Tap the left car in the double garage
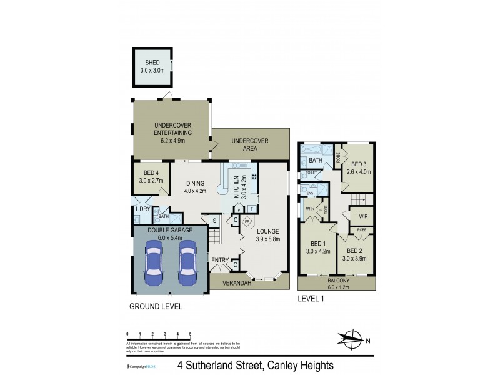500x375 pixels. [153, 262]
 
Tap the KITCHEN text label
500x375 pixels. [236, 187]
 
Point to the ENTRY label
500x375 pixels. [220, 260]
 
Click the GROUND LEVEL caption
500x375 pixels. [156, 307]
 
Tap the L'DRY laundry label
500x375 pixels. [142, 209]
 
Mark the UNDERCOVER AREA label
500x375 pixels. [250, 145]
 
